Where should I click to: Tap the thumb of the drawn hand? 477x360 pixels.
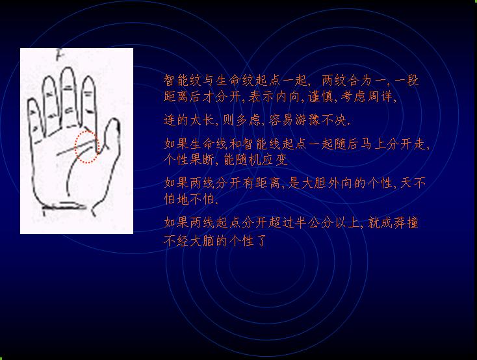(112, 135)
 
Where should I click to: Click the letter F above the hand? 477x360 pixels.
(59, 55)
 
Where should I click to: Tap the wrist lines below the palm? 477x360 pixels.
(64, 206)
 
